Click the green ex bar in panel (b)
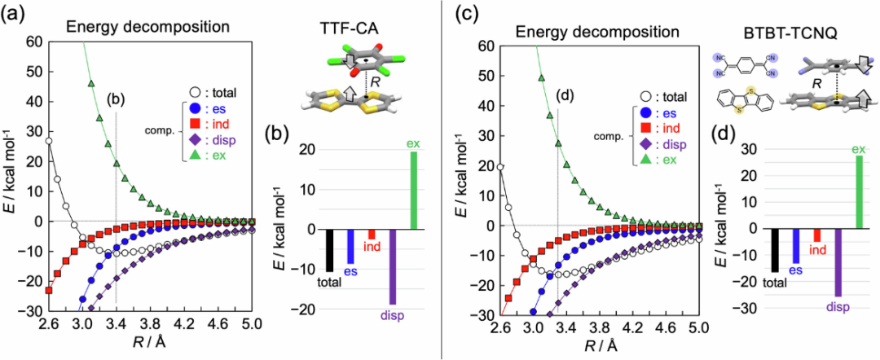click(414, 191)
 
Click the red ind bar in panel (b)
click(372, 235)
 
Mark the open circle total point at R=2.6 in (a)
click(49, 141)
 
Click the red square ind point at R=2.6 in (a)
click(49, 290)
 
